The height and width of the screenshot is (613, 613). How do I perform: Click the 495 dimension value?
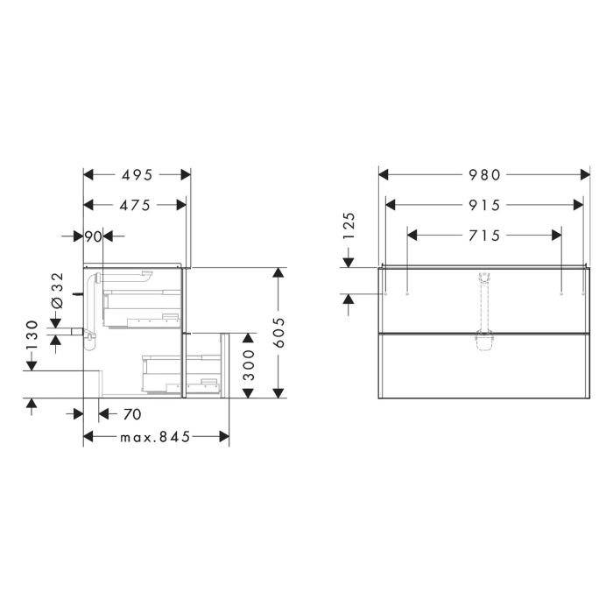click(136, 174)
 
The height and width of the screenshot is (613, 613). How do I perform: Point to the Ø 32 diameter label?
click(58, 290)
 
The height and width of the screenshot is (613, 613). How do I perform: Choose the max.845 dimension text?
click(155, 436)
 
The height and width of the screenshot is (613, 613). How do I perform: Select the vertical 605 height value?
click(279, 332)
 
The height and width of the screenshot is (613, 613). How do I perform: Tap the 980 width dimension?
click(484, 174)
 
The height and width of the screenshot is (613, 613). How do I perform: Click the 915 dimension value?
click(484, 205)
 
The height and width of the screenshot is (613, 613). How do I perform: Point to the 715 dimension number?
click(484, 235)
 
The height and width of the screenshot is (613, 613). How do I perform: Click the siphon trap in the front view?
click(483, 339)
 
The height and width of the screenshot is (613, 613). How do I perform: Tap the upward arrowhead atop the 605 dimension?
click(279, 272)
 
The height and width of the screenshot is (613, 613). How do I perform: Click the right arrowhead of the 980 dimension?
click(583, 174)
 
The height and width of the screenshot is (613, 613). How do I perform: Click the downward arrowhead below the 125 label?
click(348, 260)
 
